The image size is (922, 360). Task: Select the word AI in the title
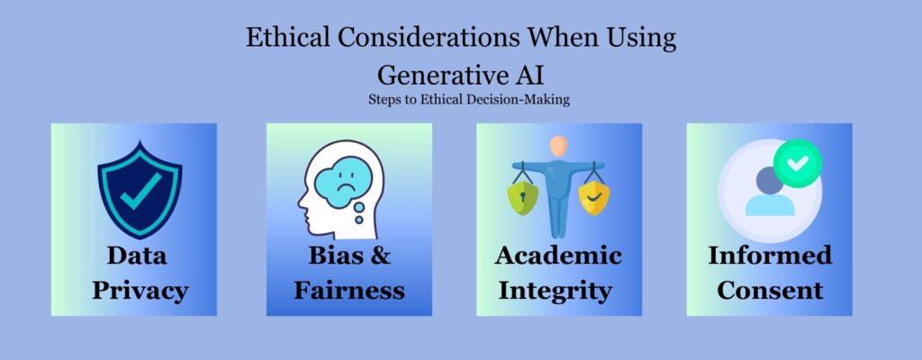click(526, 72)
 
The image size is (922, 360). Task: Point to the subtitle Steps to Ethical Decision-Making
click(460, 99)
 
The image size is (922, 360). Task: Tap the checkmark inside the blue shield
click(140, 186)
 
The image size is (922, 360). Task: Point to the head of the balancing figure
click(559, 144)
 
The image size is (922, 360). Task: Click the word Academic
click(558, 256)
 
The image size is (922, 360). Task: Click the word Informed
click(769, 256)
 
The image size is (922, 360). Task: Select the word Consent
click(769, 290)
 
